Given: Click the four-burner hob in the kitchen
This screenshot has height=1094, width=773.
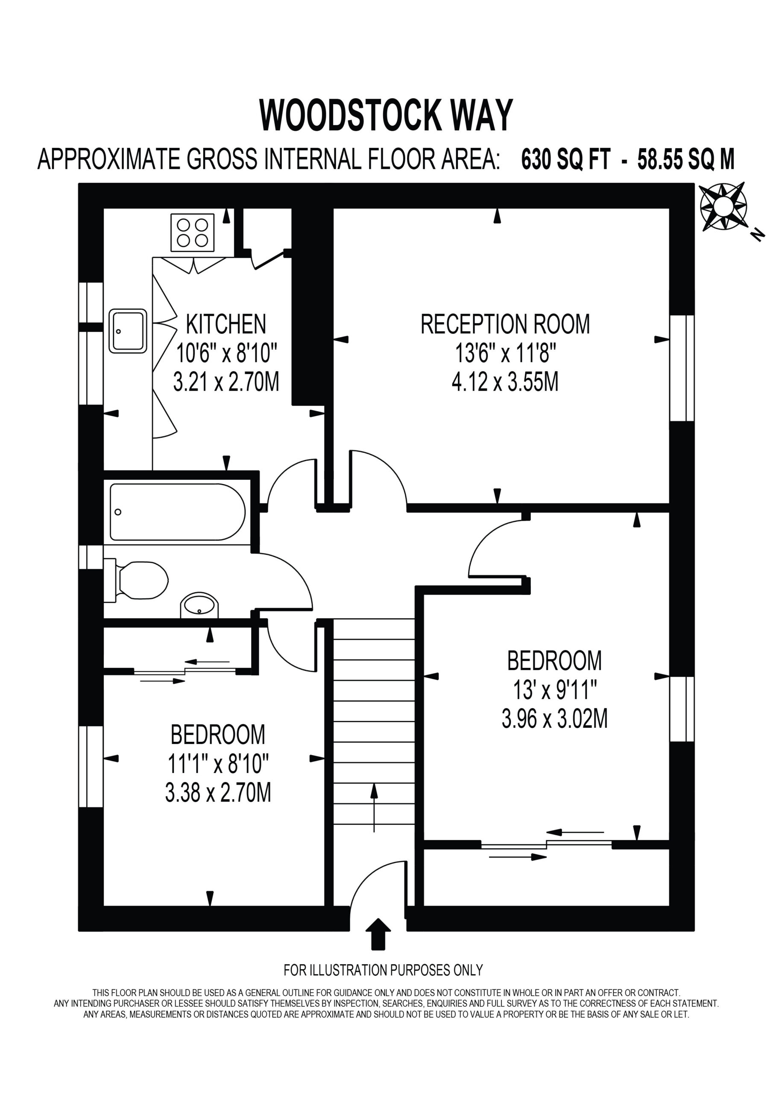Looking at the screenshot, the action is [193, 232].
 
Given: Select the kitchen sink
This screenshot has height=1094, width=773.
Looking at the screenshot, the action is [128, 331].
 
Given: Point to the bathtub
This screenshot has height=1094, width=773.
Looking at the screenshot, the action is [178, 512].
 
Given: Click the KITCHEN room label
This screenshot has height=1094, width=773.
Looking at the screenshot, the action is [226, 324].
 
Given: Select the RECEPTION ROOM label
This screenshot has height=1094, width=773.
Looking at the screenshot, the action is [505, 324].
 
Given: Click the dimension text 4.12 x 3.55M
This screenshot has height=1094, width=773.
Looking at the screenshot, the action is [505, 382].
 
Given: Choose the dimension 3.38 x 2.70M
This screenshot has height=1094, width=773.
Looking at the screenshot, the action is [218, 792].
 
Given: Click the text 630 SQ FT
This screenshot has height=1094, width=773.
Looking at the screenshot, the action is [565, 159].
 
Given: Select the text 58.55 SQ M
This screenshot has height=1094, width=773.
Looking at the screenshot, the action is [686, 159].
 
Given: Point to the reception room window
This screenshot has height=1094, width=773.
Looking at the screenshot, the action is [682, 368].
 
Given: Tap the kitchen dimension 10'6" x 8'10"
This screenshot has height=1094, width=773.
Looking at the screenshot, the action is [226, 353].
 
